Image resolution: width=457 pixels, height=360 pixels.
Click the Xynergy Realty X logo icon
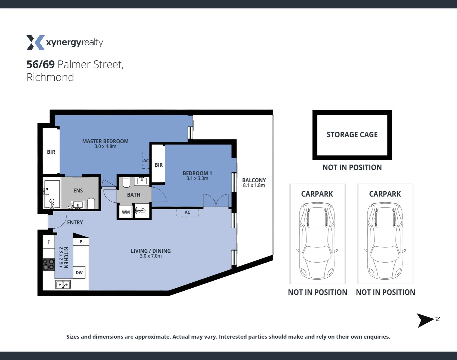coord(35,43)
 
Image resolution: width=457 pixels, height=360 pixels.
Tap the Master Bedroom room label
coord(105,141)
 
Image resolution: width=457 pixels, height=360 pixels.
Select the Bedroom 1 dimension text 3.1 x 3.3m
coord(197,179)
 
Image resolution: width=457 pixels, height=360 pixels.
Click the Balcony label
coord(254,180)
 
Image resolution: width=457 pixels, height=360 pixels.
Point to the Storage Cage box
coord(352,135)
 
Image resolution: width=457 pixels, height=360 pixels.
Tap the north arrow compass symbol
coord(426,320)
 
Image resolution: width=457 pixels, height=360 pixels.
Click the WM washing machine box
coord(126,212)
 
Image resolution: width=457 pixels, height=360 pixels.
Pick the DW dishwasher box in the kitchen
coord(79,273)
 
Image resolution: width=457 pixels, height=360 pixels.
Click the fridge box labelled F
coord(49,242)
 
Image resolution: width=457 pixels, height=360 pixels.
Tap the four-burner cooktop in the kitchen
coord(49,264)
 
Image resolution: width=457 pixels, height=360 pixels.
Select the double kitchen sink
coord(63,285)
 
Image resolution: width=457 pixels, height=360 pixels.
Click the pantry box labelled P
coord(81,242)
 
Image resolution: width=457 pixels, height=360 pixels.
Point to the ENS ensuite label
coord(78,191)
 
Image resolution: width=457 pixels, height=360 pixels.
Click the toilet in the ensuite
coord(91,203)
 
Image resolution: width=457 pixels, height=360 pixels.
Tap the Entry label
coord(75,222)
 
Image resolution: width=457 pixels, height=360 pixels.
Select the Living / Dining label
coord(151,251)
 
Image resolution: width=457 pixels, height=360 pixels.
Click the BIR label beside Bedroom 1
coord(159,165)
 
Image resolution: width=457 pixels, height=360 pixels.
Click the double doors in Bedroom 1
coord(216,201)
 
